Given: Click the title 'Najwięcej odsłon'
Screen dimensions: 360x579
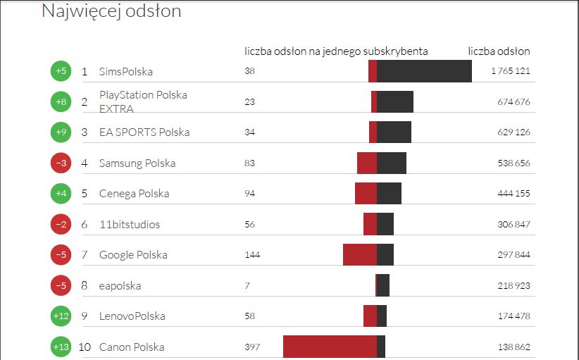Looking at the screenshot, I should (x=111, y=11).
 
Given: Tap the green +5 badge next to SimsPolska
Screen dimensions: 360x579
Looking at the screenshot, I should (x=61, y=71).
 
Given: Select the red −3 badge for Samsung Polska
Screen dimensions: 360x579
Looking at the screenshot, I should (x=61, y=163).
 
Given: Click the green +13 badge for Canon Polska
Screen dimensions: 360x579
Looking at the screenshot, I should (x=61, y=347).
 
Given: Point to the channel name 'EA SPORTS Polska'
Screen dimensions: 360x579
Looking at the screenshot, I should (x=144, y=132).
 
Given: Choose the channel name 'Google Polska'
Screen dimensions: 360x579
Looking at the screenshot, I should (x=133, y=255).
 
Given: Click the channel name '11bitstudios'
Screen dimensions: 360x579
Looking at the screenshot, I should (x=130, y=225).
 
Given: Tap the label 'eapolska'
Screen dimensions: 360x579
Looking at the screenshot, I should (x=120, y=286).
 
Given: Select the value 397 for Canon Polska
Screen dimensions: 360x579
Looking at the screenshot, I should (x=252, y=347).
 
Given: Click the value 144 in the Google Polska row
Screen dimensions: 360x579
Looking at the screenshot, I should (x=252, y=255).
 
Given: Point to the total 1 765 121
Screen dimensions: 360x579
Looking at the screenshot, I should (x=511, y=71).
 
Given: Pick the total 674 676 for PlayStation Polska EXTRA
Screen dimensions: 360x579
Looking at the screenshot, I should (x=513, y=102).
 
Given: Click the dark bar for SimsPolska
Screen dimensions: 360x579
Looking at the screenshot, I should (x=424, y=71).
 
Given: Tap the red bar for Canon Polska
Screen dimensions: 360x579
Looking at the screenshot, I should (x=330, y=347).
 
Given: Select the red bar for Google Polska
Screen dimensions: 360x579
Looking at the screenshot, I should (x=360, y=254).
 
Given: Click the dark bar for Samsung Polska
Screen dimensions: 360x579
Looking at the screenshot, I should (x=392, y=163).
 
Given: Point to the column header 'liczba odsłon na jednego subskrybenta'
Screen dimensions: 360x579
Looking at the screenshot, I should (x=336, y=51).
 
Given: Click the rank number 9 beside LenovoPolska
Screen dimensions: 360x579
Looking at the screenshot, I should (x=85, y=316).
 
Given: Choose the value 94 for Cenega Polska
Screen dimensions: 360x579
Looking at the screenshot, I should (x=249, y=194).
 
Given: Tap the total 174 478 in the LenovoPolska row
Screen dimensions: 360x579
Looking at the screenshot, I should (x=513, y=316).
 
